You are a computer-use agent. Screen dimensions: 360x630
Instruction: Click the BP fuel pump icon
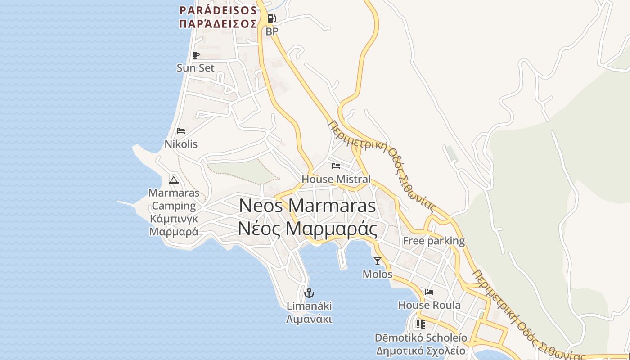271,18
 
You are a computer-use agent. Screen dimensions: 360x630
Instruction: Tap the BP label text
272,31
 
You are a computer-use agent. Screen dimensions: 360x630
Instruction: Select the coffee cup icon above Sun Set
195,55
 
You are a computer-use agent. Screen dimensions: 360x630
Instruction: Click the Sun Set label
195,68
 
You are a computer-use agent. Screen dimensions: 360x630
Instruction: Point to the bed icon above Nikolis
181,131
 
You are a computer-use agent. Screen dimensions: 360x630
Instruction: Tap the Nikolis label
181,144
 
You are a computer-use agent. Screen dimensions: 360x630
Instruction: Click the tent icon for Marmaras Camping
174,180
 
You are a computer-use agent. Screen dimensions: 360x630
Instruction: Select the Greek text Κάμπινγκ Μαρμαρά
174,225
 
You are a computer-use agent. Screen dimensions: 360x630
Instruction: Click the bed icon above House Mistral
336,166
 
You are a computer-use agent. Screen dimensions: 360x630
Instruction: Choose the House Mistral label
336,179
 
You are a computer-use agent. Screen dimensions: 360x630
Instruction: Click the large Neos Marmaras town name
307,206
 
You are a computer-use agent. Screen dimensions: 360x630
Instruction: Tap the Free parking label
433,241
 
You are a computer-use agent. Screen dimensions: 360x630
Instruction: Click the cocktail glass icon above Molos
377,261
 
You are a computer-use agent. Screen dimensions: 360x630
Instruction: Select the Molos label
377,274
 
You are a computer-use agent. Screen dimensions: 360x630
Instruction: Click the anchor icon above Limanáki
309,293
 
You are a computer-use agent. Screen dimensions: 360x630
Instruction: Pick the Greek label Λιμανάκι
309,319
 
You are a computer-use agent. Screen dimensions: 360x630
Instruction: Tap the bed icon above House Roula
429,292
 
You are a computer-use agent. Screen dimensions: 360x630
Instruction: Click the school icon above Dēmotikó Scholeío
420,324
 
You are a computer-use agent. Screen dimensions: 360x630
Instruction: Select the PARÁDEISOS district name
218,10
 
